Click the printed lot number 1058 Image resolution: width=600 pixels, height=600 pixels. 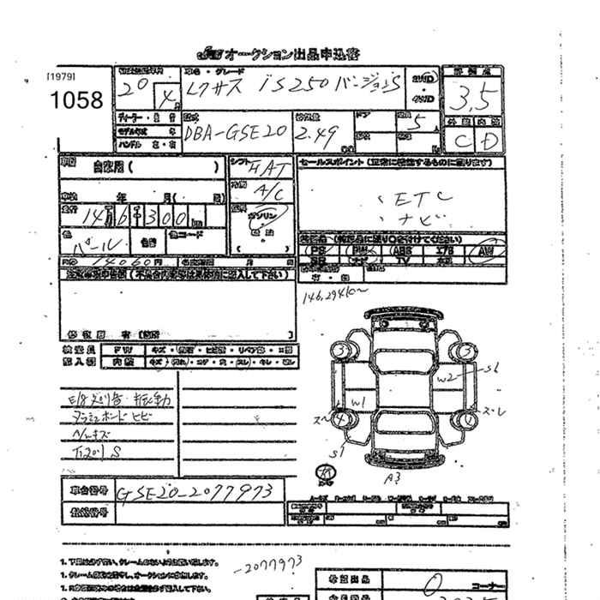pos(76,100)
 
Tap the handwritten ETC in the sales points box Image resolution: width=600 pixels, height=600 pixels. pos(409,200)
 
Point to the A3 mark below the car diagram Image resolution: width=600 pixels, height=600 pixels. pos(393,477)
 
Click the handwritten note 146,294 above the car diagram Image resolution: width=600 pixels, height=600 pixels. pos(327,297)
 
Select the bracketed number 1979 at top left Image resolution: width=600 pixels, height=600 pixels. pos(62,75)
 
